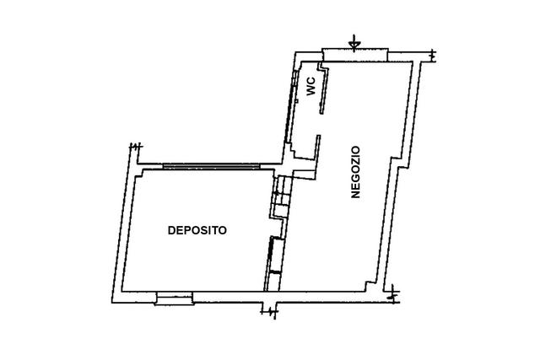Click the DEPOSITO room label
(197, 230)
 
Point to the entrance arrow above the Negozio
(355, 41)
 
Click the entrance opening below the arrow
(355, 56)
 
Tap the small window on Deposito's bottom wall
(175, 297)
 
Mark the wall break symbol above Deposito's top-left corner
(134, 149)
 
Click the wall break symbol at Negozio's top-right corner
(432, 56)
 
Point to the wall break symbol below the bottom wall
(270, 314)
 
